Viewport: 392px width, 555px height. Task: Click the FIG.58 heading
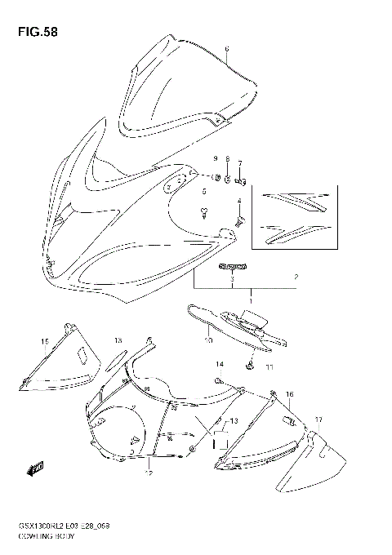point(33,33)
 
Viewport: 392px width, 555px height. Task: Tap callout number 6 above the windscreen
point(227,49)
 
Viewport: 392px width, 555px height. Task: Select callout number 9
point(216,158)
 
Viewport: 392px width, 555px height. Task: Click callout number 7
point(240,162)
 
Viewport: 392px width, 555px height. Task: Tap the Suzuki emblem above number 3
point(231,267)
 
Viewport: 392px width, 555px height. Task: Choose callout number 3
point(232,280)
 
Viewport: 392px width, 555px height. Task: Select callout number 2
point(296,277)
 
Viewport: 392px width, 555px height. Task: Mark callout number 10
point(209,340)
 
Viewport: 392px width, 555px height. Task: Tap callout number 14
point(219,364)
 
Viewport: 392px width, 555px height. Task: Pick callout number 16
point(289,395)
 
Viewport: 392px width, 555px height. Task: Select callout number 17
point(318,420)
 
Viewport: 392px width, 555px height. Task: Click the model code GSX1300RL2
point(42,527)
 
